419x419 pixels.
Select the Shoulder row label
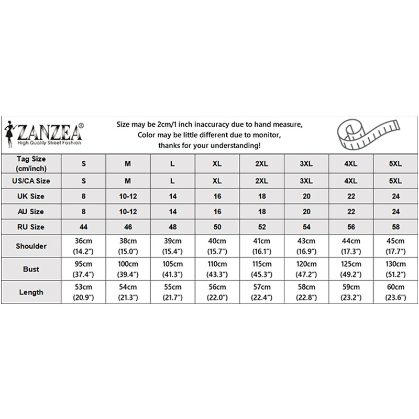click(x=31, y=246)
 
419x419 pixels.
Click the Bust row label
click(x=31, y=269)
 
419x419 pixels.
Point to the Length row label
click(x=31, y=292)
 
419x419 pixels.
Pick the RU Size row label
click(x=31, y=227)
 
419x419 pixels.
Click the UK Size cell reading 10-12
click(x=128, y=196)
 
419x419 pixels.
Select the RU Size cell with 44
click(x=83, y=227)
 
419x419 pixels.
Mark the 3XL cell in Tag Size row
click(x=306, y=164)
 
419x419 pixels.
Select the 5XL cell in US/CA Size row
click(x=395, y=181)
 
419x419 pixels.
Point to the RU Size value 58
click(x=395, y=227)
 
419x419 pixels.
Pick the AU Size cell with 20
click(x=306, y=212)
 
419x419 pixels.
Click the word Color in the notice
click(x=148, y=135)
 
